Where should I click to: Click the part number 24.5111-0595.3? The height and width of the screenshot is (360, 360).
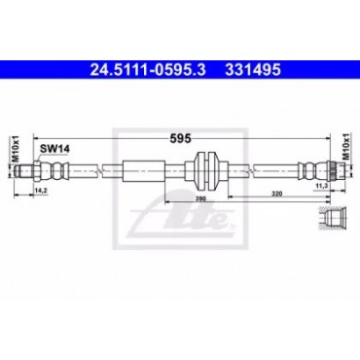tap(148, 69)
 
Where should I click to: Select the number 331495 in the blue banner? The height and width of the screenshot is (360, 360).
tap(253, 69)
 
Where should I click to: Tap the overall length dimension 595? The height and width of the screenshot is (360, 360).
tap(180, 138)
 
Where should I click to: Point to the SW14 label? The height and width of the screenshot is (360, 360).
tap(54, 149)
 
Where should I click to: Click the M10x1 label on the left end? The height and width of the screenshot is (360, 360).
tap(17, 149)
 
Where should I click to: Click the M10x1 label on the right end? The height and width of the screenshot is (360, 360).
tap(347, 146)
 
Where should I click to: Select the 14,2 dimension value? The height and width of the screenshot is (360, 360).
tap(41, 191)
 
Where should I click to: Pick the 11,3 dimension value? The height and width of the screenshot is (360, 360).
tap(321, 185)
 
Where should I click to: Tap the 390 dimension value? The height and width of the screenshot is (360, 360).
tap(200, 198)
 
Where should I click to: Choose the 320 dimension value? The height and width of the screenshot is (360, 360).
tap(277, 194)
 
